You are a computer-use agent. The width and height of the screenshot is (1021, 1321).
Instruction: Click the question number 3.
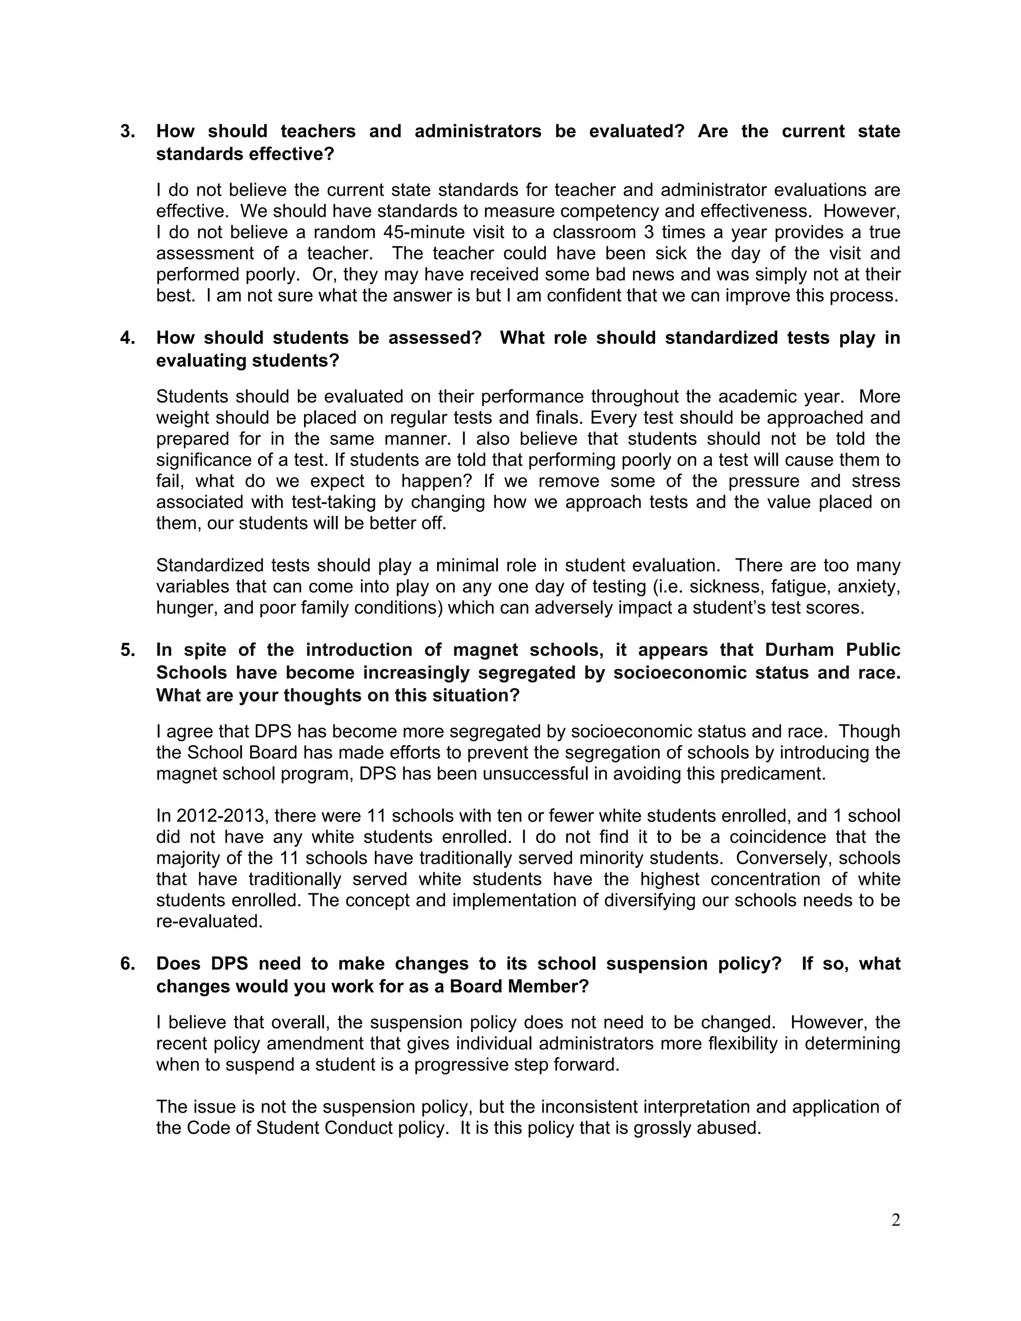(x=127, y=131)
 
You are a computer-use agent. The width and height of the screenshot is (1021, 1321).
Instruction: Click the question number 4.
(x=127, y=337)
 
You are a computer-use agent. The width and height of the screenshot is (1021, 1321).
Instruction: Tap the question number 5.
(x=127, y=650)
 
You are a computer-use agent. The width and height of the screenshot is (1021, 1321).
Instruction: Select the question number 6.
(x=127, y=964)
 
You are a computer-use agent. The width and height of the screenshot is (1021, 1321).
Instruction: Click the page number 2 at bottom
(x=896, y=1221)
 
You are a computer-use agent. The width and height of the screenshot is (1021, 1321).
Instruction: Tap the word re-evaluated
(x=209, y=921)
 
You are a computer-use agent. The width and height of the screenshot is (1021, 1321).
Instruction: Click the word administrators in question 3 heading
(x=478, y=131)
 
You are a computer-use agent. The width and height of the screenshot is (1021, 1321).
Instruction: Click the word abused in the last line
(x=731, y=1128)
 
